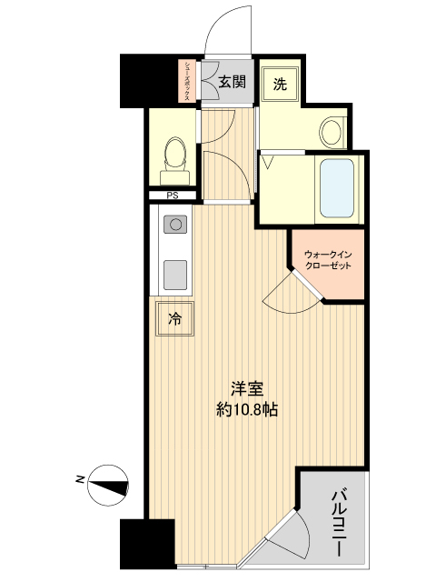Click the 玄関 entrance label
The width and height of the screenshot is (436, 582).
232,82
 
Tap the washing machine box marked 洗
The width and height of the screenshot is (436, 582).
280,85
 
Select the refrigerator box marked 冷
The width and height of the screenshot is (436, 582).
175,318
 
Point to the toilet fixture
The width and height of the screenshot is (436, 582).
173,156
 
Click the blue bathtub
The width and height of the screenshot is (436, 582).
338,188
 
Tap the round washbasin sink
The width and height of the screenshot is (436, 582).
332,132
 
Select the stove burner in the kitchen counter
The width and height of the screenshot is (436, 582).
173,223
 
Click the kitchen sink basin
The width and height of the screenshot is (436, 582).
173,272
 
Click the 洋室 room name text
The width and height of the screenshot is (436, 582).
246,389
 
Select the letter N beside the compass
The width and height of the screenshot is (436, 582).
80,477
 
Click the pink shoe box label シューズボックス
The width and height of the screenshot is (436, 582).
187,81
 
